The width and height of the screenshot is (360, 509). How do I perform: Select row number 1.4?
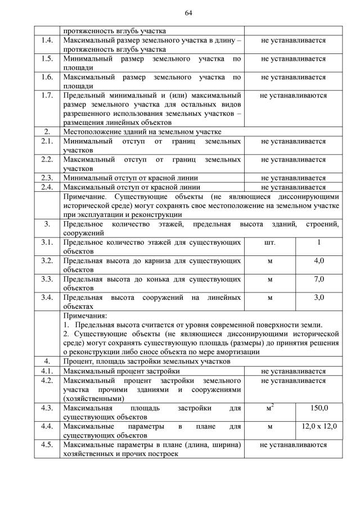point(47,40)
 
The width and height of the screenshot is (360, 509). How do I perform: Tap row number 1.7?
point(47,95)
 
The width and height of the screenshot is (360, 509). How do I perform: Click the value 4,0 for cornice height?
point(319,261)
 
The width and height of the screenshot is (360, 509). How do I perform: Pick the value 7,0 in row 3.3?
point(319,279)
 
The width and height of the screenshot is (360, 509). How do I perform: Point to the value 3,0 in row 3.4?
point(319,297)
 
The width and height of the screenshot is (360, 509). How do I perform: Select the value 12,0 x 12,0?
point(319,426)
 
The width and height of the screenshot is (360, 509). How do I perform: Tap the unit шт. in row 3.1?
point(269,242)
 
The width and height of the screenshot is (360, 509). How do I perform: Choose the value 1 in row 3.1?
point(319,242)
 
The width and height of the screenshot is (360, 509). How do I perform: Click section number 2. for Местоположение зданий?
point(47,132)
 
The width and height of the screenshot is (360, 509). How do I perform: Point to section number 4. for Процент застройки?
point(47,361)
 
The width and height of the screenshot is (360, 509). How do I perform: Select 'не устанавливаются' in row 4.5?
point(293,444)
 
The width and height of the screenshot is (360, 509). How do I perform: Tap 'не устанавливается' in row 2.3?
point(293,178)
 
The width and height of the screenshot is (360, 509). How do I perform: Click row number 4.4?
point(47,426)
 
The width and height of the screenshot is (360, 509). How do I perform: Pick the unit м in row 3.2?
point(269,261)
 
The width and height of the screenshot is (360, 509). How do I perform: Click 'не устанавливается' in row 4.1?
point(293,371)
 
